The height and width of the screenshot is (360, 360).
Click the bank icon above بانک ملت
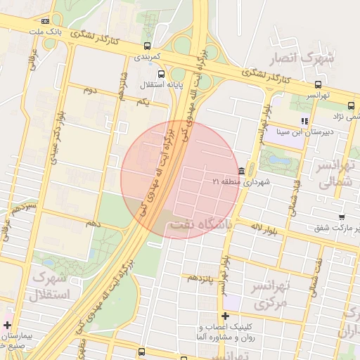tap(46, 22)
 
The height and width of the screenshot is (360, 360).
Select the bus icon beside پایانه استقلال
tap(162, 73)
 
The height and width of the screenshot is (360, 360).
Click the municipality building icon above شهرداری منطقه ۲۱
tap(242, 171)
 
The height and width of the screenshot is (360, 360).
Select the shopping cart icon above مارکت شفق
tap(341, 217)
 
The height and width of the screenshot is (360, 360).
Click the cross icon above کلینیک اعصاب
tap(225, 316)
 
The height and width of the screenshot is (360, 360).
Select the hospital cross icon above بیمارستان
tap(7, 326)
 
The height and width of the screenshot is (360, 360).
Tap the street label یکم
tap(143, 103)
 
